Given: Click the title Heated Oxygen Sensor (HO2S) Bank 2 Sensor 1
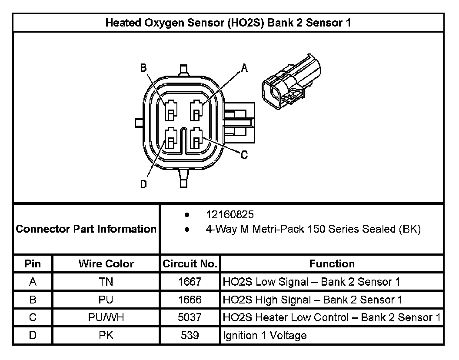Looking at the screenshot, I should [228, 23].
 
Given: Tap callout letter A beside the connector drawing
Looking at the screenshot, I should [244, 67].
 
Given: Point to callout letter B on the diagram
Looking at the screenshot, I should [143, 67].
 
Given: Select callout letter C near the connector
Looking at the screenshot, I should [244, 154].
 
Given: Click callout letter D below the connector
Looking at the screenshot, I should [143, 184].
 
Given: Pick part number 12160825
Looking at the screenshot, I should [229, 215].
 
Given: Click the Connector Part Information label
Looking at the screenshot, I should [86, 229].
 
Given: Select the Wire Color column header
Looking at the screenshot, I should [106, 263].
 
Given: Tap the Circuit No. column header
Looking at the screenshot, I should [190, 263].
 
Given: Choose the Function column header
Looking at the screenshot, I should [332, 263].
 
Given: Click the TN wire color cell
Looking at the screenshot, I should [106, 282].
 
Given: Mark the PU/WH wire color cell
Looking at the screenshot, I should [106, 317].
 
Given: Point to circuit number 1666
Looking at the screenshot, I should [190, 300].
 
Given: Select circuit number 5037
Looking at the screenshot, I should [190, 317].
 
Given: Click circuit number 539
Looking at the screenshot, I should [190, 335].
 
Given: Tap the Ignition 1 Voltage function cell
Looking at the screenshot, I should [265, 335].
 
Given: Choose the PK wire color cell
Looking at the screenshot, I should [106, 335].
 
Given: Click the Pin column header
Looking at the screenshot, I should [33, 263].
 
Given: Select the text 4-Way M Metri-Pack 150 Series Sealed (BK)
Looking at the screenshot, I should [313, 229].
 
